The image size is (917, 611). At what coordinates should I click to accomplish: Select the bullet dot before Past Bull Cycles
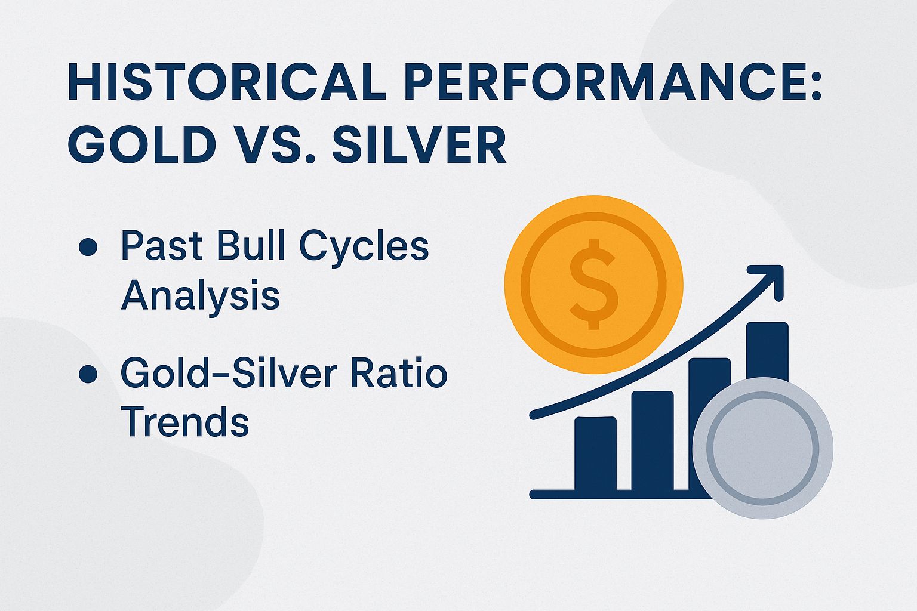(x=88, y=247)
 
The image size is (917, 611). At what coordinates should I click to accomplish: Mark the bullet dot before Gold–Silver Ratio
(x=88, y=375)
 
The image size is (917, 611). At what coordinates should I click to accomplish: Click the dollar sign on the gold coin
(x=593, y=284)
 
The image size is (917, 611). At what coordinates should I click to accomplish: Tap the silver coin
(x=762, y=448)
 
